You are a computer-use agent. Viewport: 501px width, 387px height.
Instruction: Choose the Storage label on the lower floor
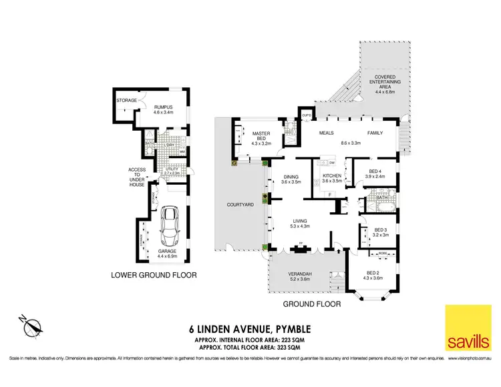[x=126, y=100]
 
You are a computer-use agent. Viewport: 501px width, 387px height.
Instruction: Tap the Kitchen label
[x=332, y=175]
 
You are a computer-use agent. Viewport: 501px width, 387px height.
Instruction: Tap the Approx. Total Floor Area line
[x=251, y=348]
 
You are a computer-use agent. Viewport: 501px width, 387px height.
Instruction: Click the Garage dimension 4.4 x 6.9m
[x=170, y=254]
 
